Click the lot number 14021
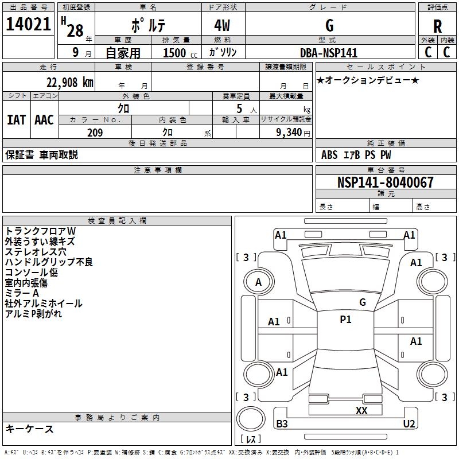(x=28, y=26)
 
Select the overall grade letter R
(x=438, y=26)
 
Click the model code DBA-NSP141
(x=329, y=53)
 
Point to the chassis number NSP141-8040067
(x=385, y=183)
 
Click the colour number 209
(x=95, y=133)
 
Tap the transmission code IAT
(x=16, y=119)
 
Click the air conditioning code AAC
(x=44, y=119)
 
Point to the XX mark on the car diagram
(x=361, y=410)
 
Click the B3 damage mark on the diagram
(x=282, y=424)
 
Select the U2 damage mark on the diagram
(x=409, y=424)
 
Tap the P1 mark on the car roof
(x=345, y=320)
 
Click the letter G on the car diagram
(x=362, y=302)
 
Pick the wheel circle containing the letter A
(x=258, y=282)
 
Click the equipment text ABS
(x=329, y=155)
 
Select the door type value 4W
(x=223, y=26)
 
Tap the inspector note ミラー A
(x=22, y=293)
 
